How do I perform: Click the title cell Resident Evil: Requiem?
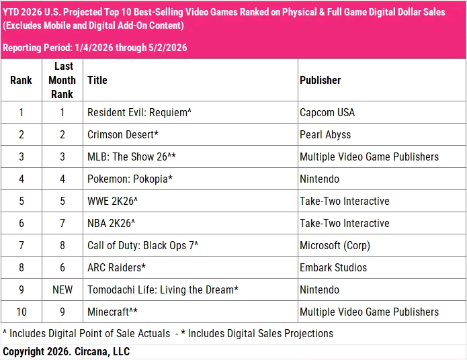139,113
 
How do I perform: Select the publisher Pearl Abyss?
325,135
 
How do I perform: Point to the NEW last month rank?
62,289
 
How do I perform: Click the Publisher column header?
320,80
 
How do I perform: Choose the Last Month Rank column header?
62,80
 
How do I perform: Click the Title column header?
97,80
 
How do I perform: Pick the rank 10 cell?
22,312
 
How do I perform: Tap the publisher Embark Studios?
333,267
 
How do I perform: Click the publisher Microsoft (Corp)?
335,246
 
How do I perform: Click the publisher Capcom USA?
327,113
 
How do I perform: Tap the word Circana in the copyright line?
92,352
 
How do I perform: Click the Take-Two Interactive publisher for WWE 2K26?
345,201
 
